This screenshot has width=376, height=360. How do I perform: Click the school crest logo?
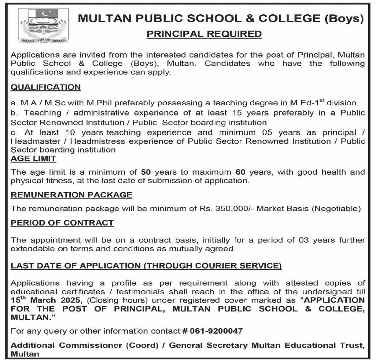click(43, 26)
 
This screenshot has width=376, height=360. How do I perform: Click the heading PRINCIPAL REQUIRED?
click(204, 34)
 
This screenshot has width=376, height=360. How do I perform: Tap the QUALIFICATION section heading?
click(46, 87)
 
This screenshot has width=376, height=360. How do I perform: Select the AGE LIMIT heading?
click(34, 158)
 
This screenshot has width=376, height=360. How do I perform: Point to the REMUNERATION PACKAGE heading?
click(72, 195)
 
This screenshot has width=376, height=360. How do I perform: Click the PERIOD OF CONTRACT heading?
click(62, 223)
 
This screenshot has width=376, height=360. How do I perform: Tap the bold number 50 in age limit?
click(146, 172)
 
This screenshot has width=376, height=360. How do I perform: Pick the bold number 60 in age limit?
click(240, 172)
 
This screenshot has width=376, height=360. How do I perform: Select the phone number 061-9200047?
click(216, 331)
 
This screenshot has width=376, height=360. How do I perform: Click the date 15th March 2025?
click(45, 300)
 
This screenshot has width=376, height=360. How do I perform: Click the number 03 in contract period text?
click(304, 240)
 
